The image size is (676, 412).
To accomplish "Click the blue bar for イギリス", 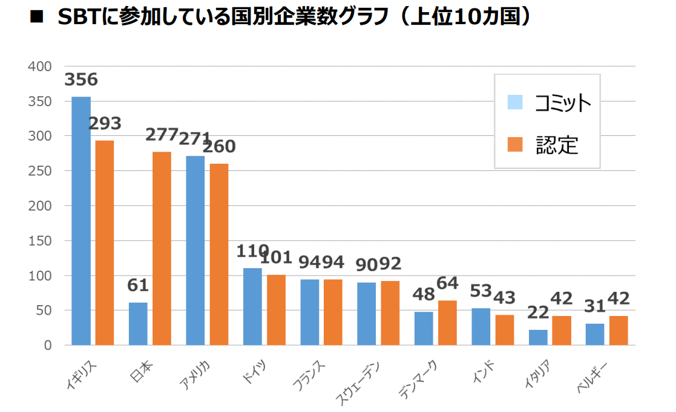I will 81,220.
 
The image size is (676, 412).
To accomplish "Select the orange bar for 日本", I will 162,248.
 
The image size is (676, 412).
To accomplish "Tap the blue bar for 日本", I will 138,324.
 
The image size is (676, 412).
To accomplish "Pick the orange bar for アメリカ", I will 219,254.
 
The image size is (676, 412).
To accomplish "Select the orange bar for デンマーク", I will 447,323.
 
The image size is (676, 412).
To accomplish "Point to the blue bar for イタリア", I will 538,337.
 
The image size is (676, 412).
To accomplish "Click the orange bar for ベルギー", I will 619,330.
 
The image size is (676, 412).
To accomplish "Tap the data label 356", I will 81,80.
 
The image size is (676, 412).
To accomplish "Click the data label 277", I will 162,134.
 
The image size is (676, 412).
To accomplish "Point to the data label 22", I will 537,312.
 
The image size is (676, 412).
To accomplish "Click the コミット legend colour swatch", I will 515,102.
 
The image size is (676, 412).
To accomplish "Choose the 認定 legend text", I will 557,144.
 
